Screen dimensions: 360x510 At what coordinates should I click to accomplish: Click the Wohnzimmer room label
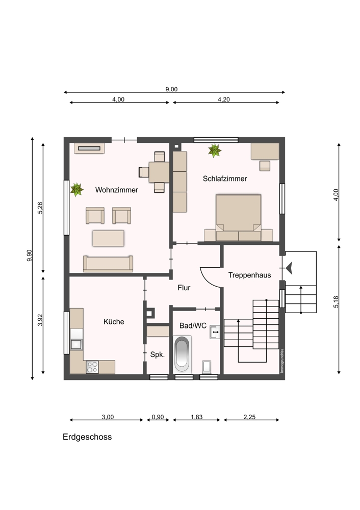coord(116,190)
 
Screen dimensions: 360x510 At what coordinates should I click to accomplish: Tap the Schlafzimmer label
coord(225,178)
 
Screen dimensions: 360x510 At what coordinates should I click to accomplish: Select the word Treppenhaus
coord(249,275)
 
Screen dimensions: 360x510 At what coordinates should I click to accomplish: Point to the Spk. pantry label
coord(158,354)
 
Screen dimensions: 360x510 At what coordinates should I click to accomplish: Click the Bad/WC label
coord(193,325)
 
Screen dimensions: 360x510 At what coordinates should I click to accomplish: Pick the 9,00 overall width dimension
coord(171,89)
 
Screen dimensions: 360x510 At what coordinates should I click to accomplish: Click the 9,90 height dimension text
coord(29,256)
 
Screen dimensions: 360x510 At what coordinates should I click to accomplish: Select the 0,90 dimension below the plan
coord(158,417)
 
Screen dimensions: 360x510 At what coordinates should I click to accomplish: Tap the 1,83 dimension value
coord(196,417)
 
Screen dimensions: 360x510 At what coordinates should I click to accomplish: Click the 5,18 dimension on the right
coord(336,302)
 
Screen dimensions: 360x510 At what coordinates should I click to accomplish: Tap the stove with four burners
coord(92,367)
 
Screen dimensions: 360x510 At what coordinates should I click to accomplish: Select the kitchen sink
coord(77,344)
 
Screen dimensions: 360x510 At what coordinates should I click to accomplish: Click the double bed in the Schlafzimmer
coord(238,217)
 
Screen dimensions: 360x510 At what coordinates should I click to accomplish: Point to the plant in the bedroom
coord(215,150)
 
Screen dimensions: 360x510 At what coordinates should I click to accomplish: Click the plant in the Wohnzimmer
coord(77,190)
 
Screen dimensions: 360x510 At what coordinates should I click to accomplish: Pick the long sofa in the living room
coord(108,264)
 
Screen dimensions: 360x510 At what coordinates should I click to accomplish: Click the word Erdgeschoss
coord(87,437)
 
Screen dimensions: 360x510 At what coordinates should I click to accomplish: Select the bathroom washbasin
coord(215,332)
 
